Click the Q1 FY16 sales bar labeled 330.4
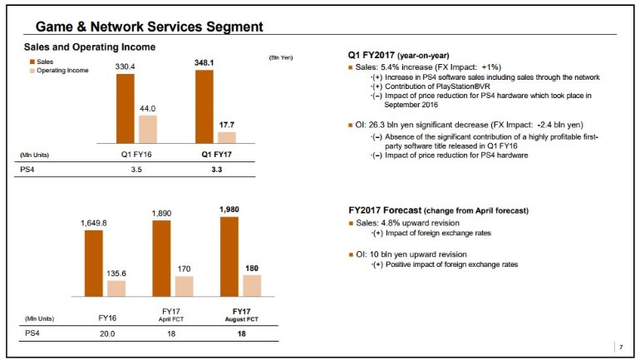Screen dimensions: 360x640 (126, 109)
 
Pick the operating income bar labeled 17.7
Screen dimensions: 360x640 (226, 138)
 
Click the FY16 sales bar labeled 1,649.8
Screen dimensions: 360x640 (94, 263)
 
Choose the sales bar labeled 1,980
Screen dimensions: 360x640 (229, 256)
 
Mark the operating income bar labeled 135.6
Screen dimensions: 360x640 (116, 288)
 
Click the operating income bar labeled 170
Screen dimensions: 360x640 (184, 286)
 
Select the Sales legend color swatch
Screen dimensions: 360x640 (31, 62)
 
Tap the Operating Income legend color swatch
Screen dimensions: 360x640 (31, 71)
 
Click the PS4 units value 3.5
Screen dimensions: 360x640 (136, 170)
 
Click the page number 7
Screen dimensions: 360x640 (619, 345)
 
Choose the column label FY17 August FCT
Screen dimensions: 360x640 (240, 316)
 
